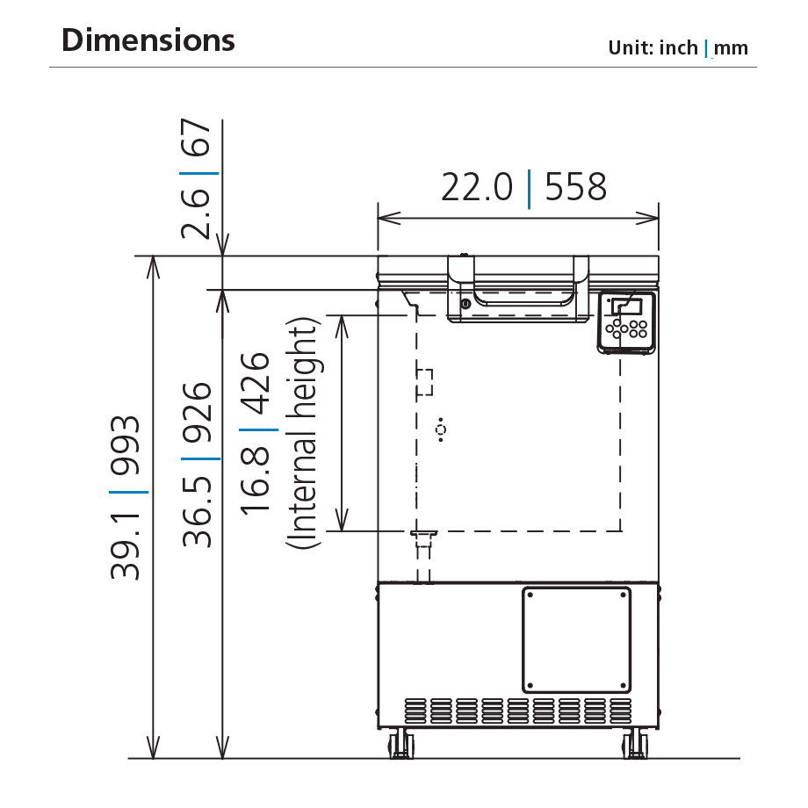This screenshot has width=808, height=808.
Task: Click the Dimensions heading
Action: tap(148, 40)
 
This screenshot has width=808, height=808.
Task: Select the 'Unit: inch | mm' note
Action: tap(678, 47)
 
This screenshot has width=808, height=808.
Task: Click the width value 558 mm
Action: tap(576, 187)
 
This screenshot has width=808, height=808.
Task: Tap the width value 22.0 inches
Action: tap(477, 187)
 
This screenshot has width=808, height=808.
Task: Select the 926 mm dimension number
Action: tap(198, 414)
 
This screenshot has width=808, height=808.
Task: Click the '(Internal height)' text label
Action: tap(303, 434)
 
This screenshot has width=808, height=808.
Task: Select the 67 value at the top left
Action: tap(198, 140)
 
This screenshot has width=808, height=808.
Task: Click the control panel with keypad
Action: tap(627, 322)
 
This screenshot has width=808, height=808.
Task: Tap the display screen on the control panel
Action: tap(628, 307)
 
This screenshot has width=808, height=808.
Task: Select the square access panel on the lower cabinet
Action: tap(577, 639)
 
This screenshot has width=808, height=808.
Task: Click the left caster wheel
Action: tap(400, 745)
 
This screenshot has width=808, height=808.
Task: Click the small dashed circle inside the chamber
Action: tap(441, 429)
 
